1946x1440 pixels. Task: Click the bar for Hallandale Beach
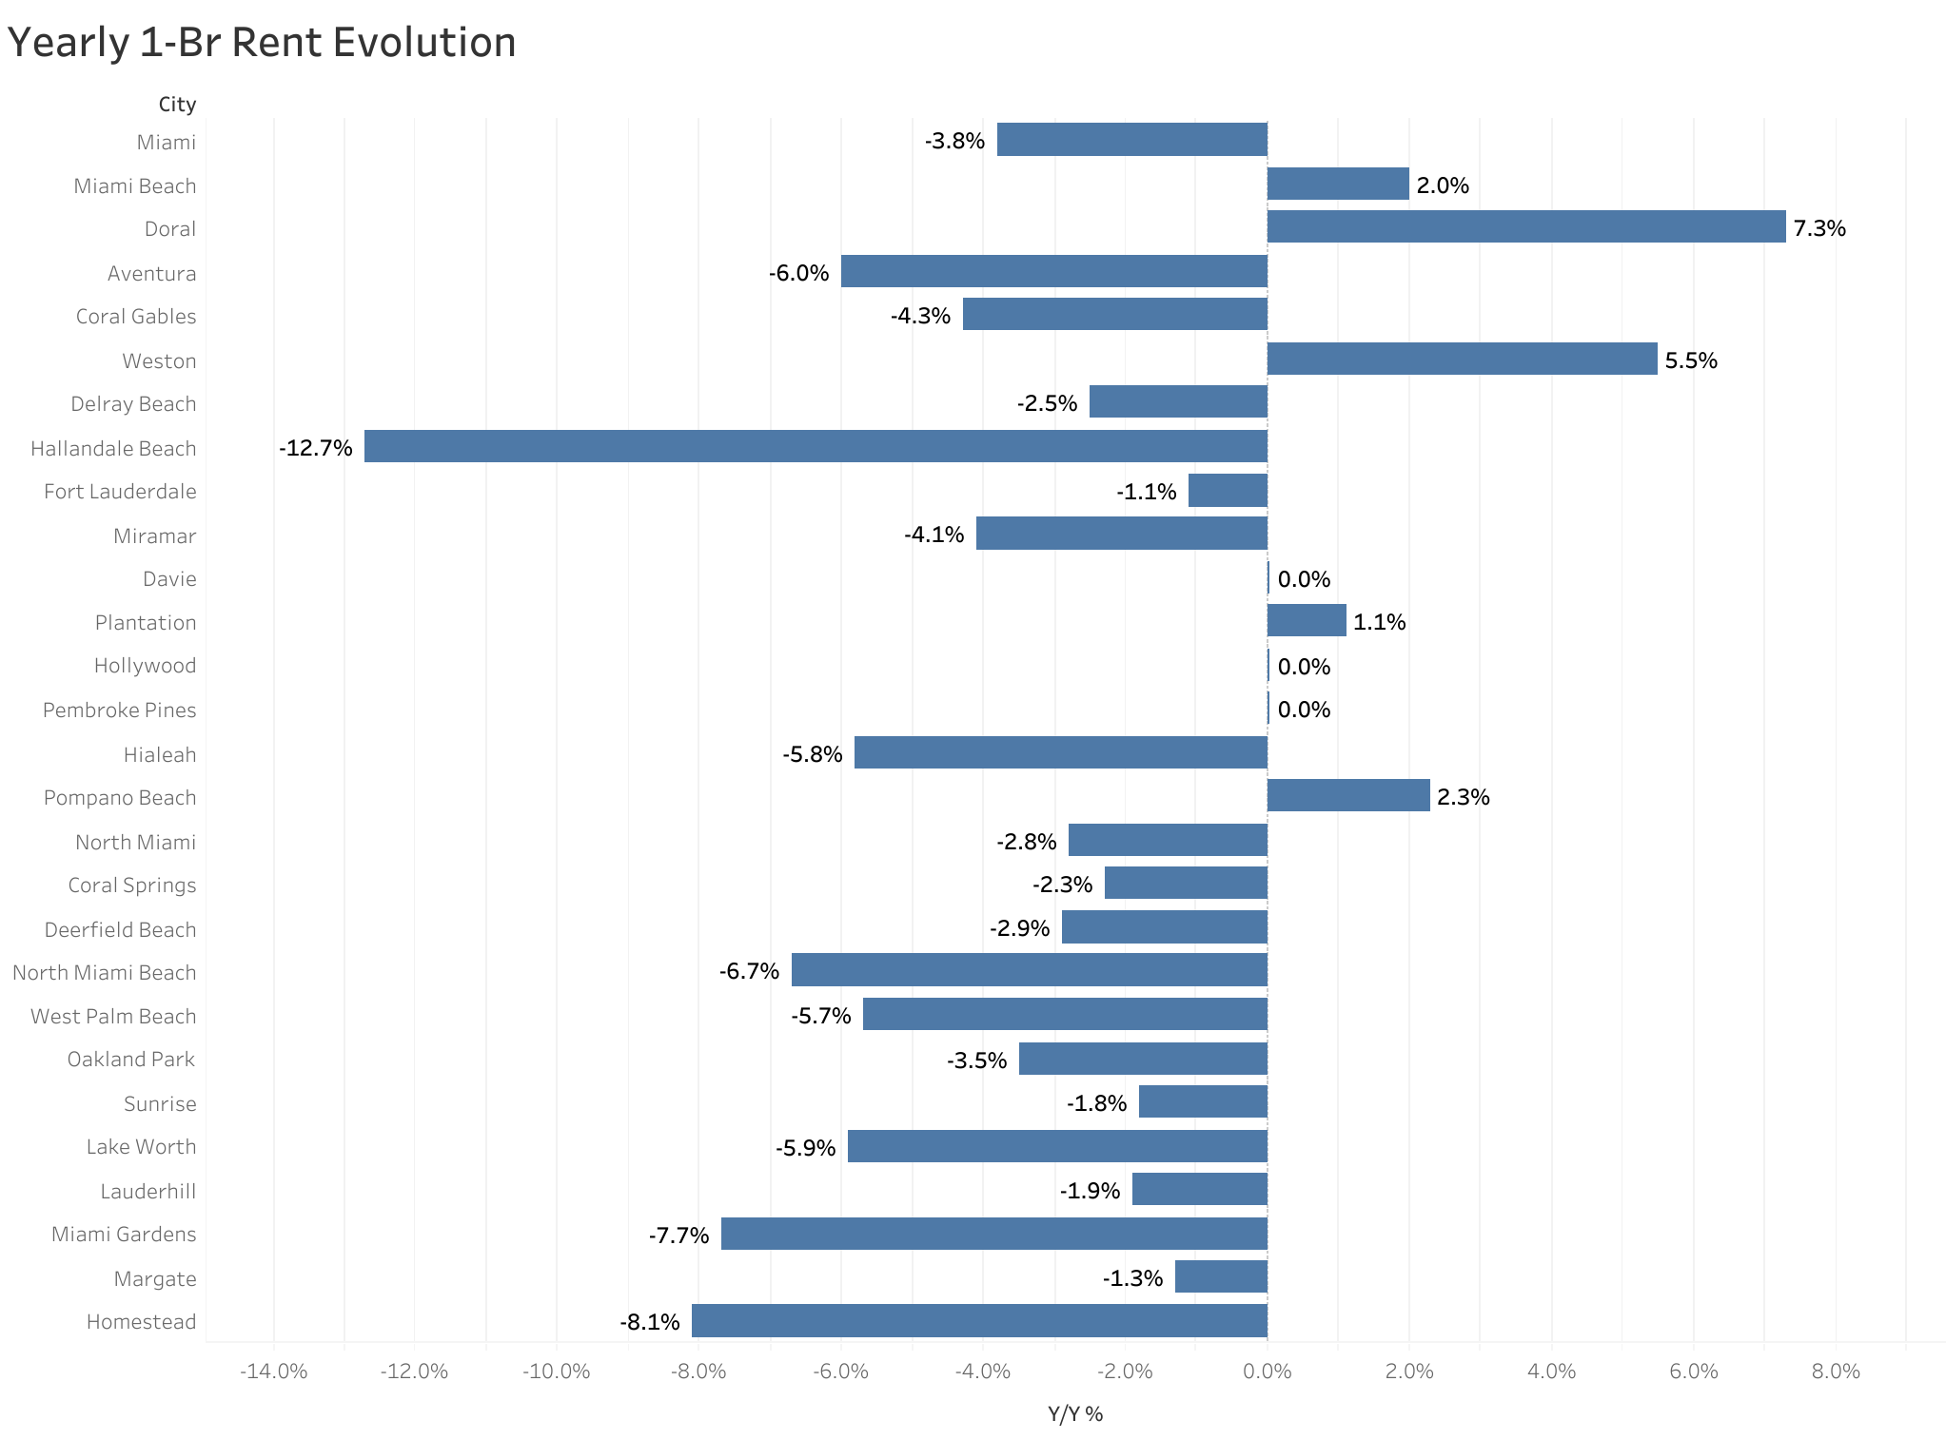(x=816, y=446)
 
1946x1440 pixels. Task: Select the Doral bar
(x=1525, y=227)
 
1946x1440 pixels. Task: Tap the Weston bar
(x=1462, y=359)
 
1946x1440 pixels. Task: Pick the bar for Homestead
(x=979, y=1320)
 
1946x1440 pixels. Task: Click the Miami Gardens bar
(x=993, y=1234)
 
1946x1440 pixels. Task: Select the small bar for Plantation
(x=1306, y=620)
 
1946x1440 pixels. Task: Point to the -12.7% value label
(x=316, y=448)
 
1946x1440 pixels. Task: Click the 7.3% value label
(x=1818, y=228)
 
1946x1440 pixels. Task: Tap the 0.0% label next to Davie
(x=1303, y=579)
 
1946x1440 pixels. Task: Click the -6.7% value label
(x=749, y=971)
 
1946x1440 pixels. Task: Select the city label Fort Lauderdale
(x=120, y=492)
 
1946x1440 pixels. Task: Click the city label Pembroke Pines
(x=119, y=710)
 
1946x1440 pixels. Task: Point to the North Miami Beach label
(x=104, y=973)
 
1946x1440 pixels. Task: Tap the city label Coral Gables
(x=135, y=317)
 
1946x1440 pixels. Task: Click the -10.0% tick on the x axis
(x=556, y=1372)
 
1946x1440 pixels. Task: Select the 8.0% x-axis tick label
(x=1835, y=1372)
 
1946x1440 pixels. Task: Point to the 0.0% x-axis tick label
(x=1267, y=1372)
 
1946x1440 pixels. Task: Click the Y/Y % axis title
(x=1074, y=1414)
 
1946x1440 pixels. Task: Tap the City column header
(x=177, y=105)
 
